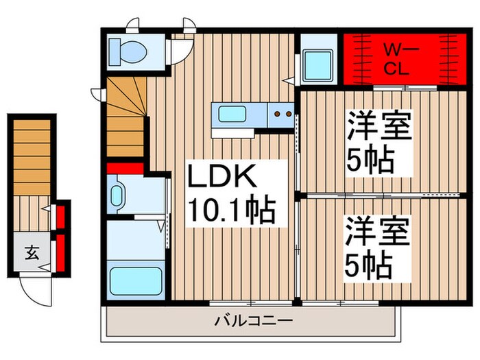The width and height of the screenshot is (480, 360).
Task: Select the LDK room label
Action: [223, 180]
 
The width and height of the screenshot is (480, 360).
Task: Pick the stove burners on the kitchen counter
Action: [282, 114]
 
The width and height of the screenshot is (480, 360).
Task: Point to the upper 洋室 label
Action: [379, 128]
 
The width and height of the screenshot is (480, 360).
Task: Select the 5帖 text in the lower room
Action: [370, 263]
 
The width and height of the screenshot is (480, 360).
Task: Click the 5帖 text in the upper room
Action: [370, 160]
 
